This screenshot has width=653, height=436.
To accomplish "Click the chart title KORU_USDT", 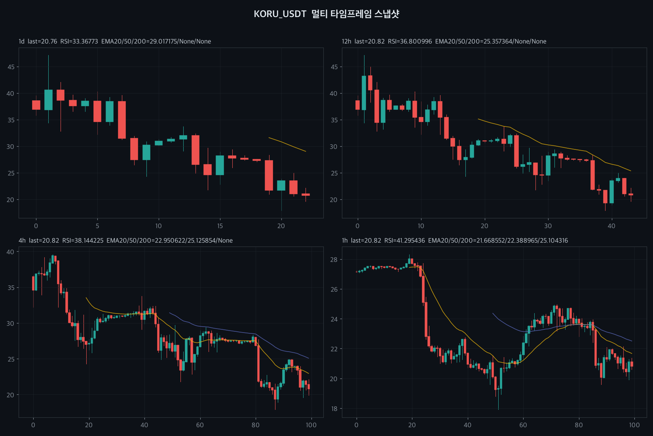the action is (280, 14).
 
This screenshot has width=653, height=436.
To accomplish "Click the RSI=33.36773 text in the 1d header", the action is (79, 42).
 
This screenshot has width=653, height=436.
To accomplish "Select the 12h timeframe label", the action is (347, 42).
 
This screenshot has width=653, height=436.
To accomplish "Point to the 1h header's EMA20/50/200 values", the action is (498, 241).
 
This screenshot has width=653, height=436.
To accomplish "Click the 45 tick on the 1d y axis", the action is (11, 67).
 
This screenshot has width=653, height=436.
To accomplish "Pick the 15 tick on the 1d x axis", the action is (220, 226).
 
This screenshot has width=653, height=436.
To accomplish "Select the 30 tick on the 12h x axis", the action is (548, 226).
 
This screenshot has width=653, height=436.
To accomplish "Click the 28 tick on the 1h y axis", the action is (334, 260).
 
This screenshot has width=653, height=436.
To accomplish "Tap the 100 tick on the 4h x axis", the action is (311, 425).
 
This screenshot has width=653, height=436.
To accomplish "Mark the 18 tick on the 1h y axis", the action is (334, 409).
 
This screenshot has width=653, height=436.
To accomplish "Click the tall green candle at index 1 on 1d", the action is (48, 100).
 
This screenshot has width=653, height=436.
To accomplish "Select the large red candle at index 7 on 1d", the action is (122, 120).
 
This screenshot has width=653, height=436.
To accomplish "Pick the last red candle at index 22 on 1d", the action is (306, 195).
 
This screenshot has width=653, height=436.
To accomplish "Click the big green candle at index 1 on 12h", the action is (364, 93).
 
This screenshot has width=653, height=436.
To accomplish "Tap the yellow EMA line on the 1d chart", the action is (287, 144).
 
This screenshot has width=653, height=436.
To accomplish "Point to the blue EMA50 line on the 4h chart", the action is (239, 332).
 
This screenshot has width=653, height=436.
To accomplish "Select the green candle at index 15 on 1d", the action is (220, 165).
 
